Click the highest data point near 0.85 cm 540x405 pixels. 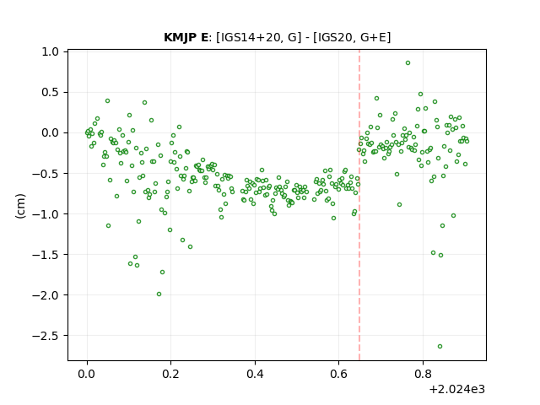coord(408,63)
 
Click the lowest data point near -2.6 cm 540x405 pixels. coord(440,347)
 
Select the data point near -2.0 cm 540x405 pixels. coord(159,294)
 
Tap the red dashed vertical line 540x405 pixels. coord(359,205)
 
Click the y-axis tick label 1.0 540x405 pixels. coord(51,51)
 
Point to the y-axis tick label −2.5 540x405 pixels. coord(46,336)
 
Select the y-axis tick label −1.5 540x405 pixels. coord(46,255)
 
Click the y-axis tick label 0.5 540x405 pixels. coord(51,92)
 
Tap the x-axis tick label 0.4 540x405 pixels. coord(255,374)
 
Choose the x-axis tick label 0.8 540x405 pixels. coord(423,374)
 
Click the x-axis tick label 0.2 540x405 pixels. coord(170,374)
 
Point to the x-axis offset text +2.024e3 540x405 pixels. coord(457,390)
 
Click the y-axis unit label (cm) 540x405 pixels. coord(20,206)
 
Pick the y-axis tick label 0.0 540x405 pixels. coord(51,133)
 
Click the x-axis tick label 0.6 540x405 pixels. coord(339,374)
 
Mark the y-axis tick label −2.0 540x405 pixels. coord(46,295)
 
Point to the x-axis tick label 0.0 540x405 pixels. coord(87,374)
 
